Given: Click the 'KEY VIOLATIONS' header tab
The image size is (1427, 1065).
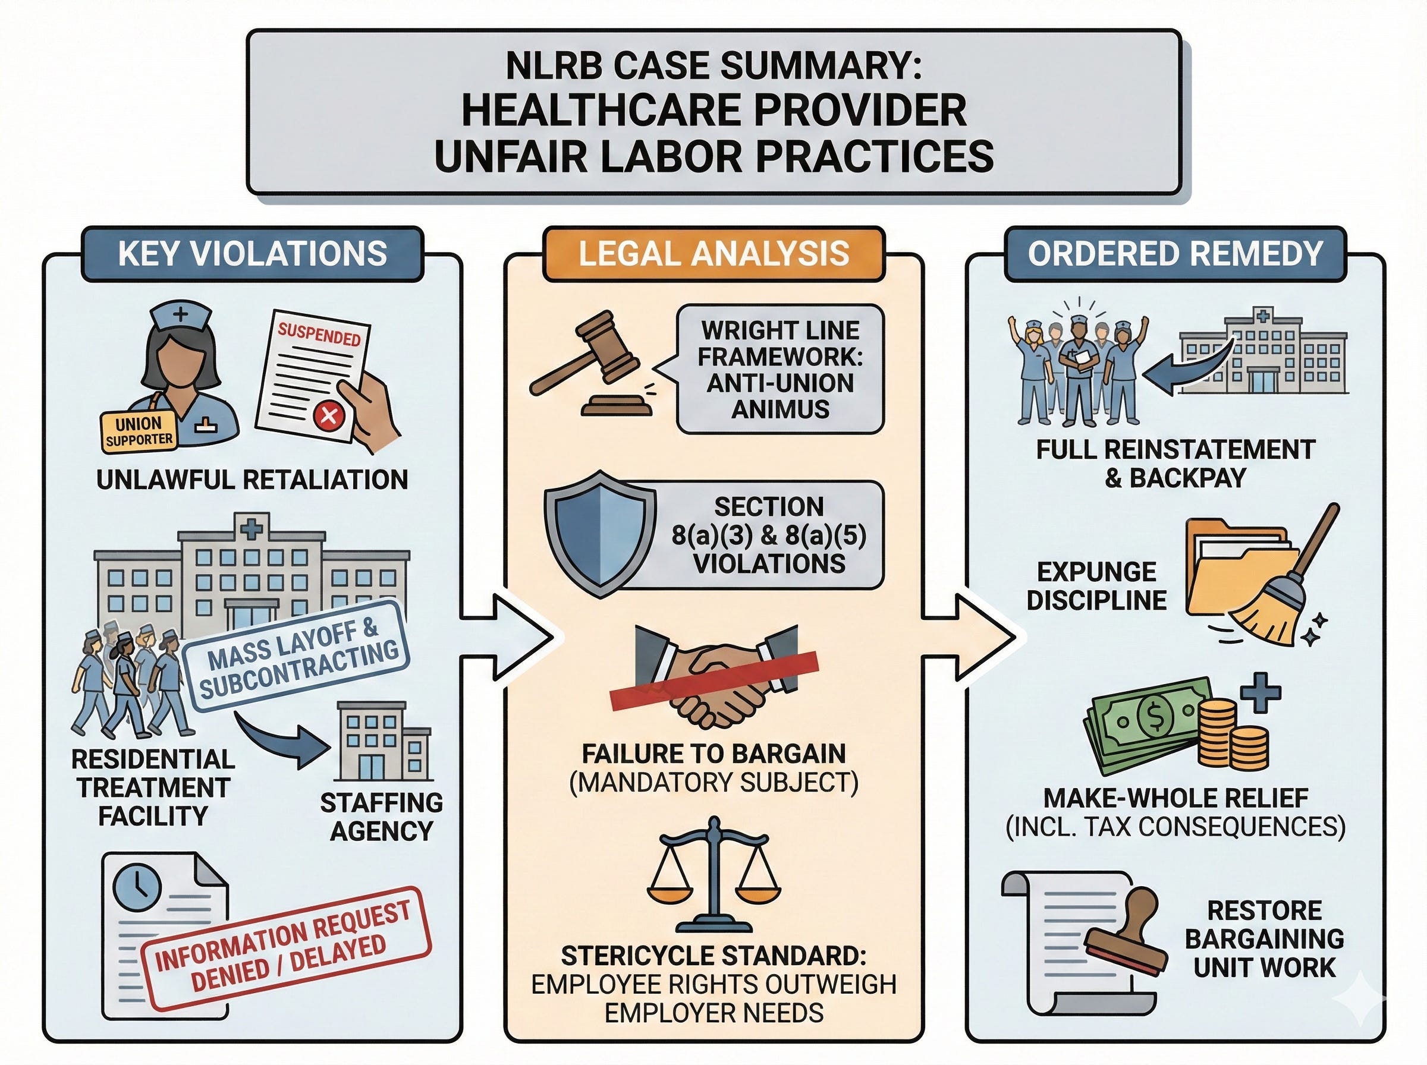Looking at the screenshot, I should pos(252,253).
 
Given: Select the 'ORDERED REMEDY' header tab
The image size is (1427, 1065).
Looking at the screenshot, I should pos(1175,253).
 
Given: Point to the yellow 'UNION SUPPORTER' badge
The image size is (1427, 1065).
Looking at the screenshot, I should pos(139,431).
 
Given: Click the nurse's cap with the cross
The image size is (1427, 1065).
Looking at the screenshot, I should pos(181,317).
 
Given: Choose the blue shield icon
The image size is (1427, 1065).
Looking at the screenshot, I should pos(600,532).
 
